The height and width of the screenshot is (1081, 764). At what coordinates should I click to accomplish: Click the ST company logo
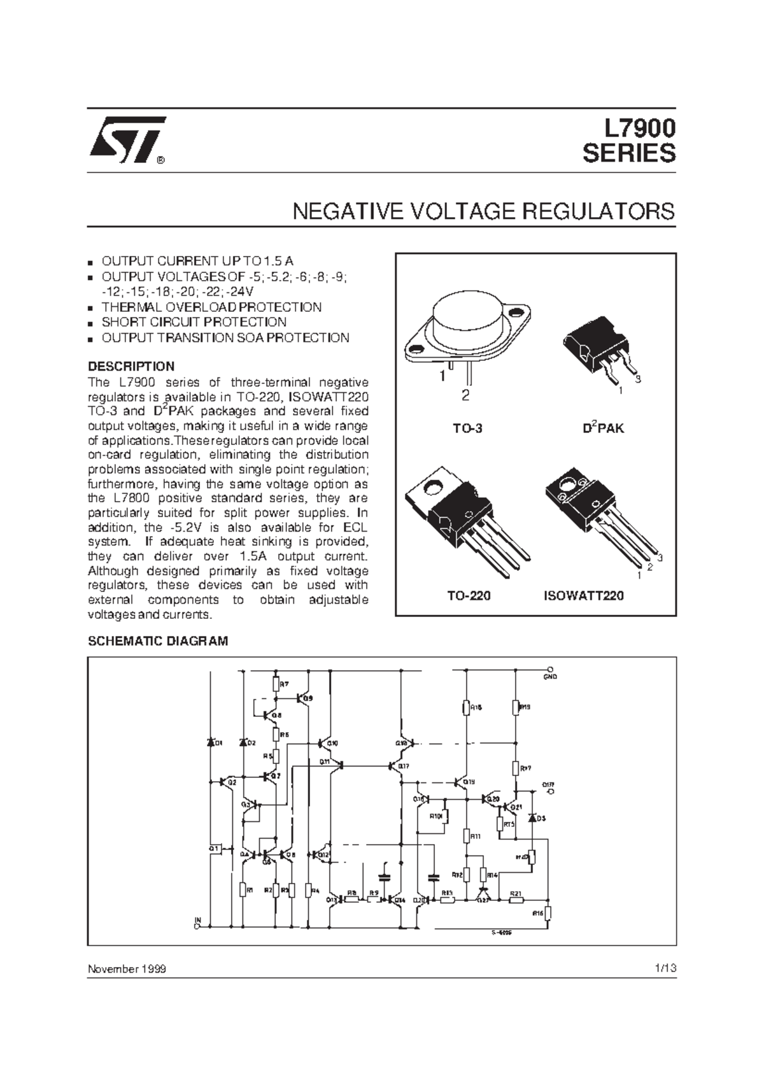tap(127, 138)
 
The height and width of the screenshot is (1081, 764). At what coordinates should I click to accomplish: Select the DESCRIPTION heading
tap(131, 367)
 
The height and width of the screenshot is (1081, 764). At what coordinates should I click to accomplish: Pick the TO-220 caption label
tap(468, 596)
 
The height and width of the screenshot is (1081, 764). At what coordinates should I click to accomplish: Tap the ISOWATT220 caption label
tap(583, 596)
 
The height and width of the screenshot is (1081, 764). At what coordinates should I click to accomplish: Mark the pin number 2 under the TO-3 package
tap(465, 396)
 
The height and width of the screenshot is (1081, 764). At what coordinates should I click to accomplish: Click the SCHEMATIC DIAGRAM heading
tap(157, 641)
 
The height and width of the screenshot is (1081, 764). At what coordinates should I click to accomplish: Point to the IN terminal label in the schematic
tap(197, 919)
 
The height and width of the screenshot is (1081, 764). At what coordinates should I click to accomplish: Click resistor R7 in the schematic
tap(276, 684)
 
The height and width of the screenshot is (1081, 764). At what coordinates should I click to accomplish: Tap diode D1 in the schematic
tap(211, 742)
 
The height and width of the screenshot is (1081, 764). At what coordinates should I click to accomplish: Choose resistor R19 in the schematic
tap(516, 707)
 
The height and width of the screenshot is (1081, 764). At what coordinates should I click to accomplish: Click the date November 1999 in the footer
tap(127, 969)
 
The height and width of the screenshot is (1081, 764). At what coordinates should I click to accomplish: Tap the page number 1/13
tap(664, 968)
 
